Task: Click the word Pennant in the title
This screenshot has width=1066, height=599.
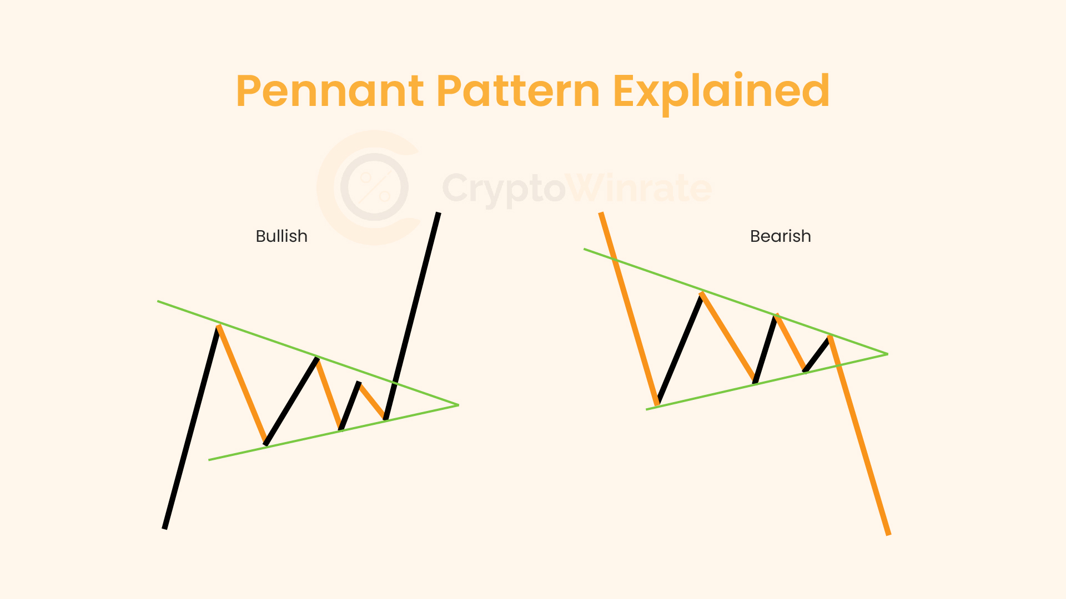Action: coord(330,92)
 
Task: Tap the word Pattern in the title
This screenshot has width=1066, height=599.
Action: coord(518,92)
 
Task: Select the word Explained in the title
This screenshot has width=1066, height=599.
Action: coord(721,92)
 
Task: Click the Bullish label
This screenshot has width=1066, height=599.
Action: coord(281,236)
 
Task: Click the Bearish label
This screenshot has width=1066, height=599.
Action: coord(780,236)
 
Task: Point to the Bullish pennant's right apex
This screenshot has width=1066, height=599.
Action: coord(458,405)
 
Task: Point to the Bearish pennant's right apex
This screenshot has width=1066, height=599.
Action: coord(887,354)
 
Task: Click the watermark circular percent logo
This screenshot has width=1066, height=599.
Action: coord(374,187)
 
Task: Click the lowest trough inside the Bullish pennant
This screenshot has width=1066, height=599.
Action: coord(266,444)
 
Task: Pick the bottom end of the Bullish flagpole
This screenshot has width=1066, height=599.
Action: coord(164,528)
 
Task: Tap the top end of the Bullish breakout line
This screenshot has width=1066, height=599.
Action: coord(438,213)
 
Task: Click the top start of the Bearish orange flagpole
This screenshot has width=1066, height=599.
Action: coord(601,213)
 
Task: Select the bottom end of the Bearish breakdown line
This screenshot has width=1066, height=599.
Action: coord(888,534)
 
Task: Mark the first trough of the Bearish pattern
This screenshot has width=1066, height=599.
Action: coord(657,404)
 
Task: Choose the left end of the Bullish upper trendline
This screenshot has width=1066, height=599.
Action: coord(158,301)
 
